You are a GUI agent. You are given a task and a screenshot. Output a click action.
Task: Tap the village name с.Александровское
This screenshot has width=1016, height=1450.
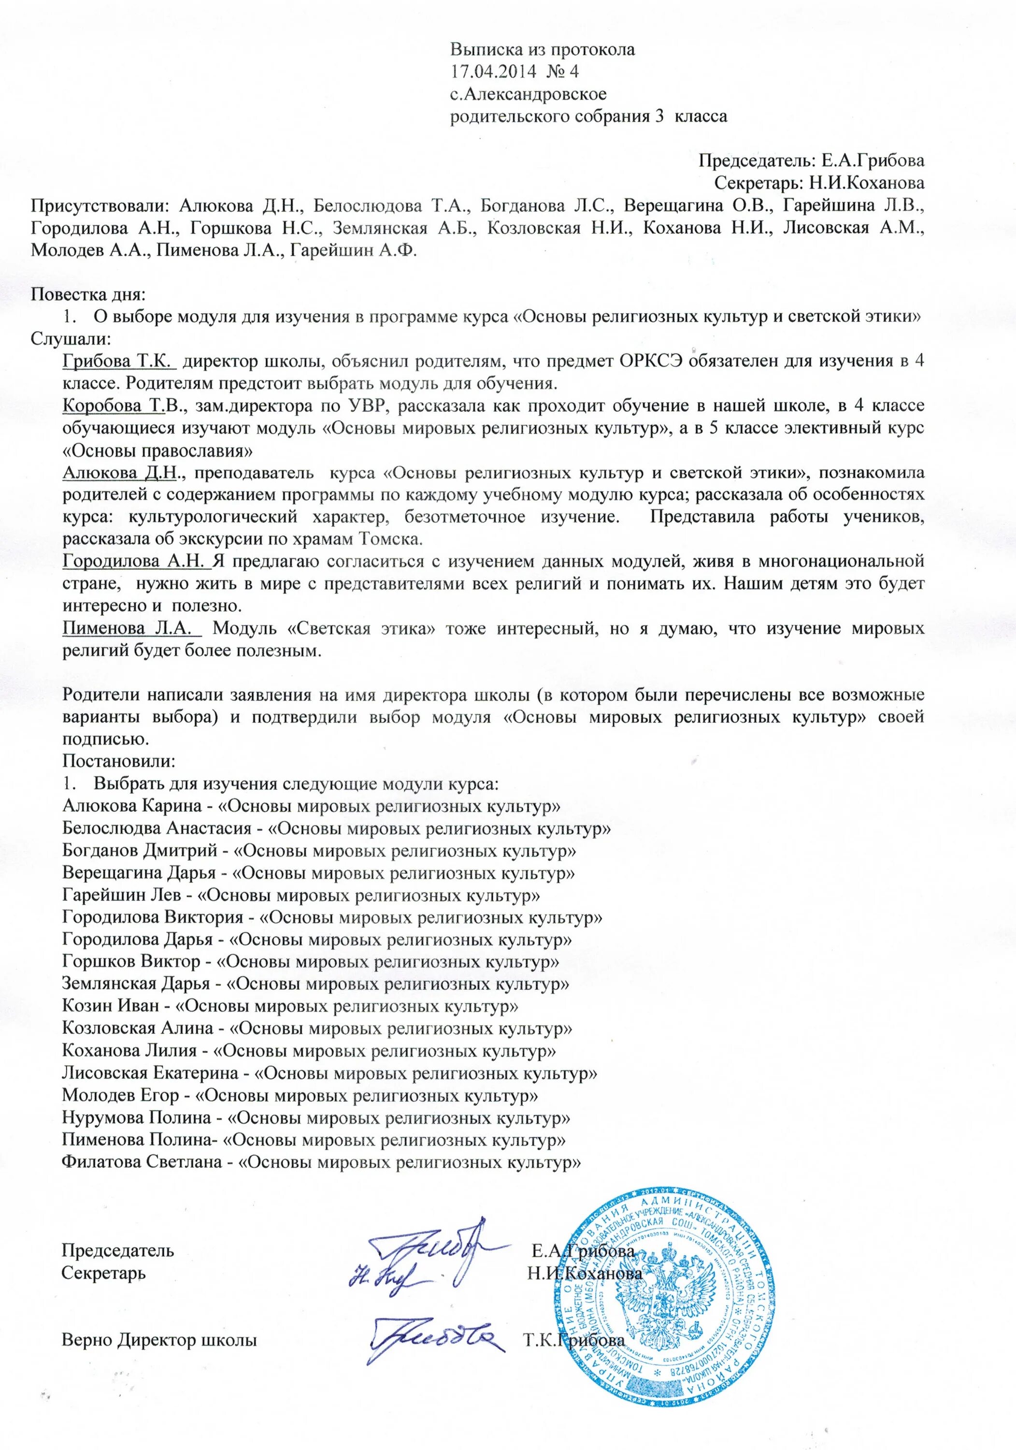[x=528, y=94]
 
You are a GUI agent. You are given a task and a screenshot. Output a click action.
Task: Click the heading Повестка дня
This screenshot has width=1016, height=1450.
[x=89, y=294]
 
